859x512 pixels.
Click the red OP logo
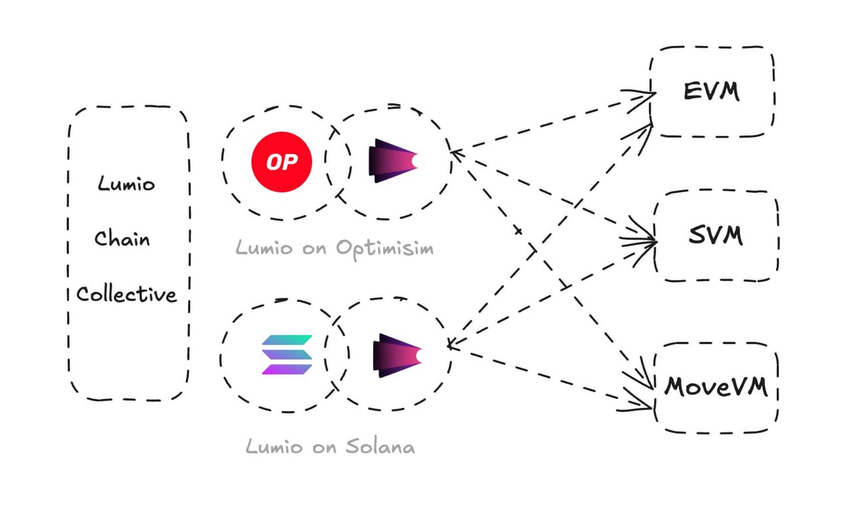point(282,162)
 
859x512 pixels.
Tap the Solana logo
point(287,354)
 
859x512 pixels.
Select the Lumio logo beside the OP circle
point(394,161)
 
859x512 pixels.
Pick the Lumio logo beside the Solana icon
point(398,356)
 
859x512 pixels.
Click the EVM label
point(712,91)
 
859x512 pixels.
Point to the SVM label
point(715,235)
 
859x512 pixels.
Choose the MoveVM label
point(716,386)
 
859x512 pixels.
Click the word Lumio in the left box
point(126,184)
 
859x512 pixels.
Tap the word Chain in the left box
point(122,238)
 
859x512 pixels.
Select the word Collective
point(126,294)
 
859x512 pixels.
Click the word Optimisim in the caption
point(385,249)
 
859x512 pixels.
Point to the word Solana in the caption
point(380,446)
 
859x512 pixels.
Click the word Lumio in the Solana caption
point(275,446)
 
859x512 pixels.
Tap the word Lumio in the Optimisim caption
point(264,247)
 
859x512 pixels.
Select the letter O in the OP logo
point(273,162)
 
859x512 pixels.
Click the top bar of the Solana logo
point(287,340)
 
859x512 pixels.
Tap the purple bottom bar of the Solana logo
point(287,369)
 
